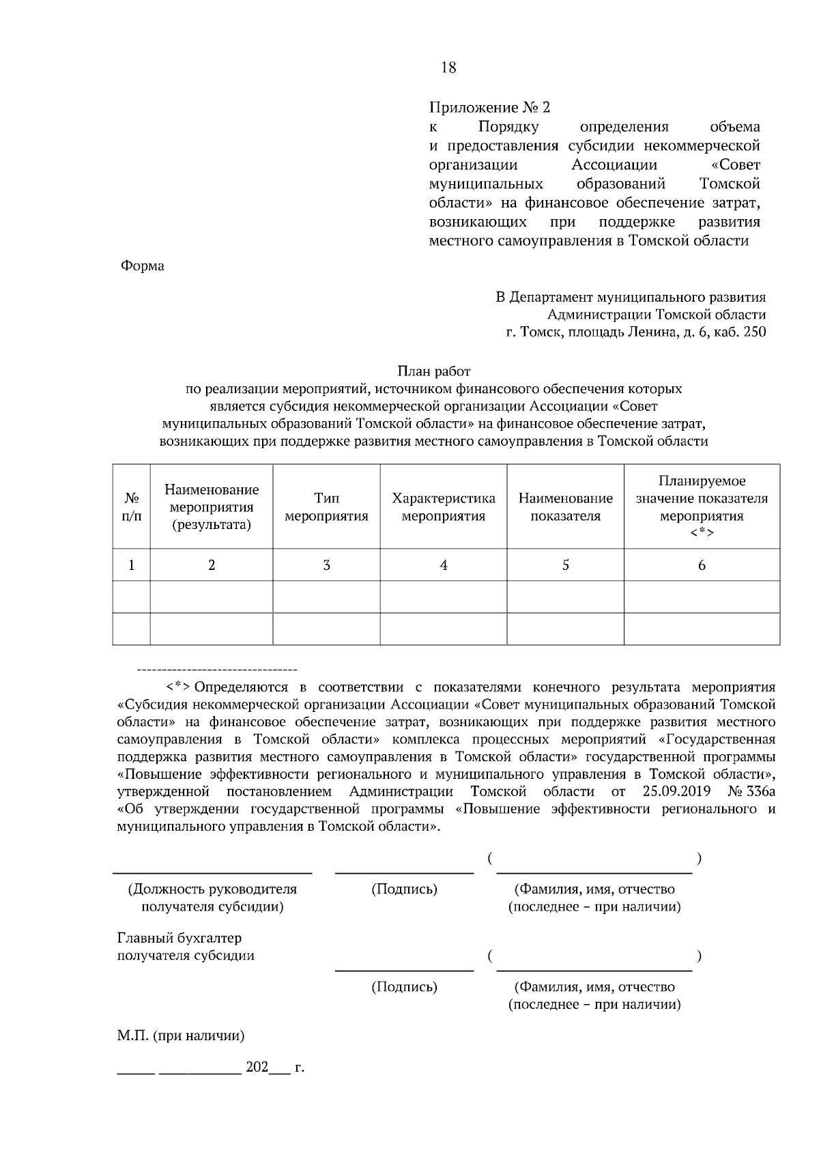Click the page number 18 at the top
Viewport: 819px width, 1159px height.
click(x=448, y=68)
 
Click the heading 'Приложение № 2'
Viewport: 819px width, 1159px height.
click(x=489, y=108)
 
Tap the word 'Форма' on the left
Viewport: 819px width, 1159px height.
click(x=142, y=266)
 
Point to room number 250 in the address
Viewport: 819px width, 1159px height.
click(x=754, y=332)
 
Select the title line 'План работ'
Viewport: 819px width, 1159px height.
click(x=434, y=371)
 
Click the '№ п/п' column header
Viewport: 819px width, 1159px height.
click(x=131, y=507)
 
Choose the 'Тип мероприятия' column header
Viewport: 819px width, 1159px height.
click(x=326, y=507)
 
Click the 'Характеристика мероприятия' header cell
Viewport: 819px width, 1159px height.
click(x=443, y=507)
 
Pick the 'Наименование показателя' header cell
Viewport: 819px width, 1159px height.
click(x=565, y=507)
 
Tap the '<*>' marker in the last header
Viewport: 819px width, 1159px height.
click(x=702, y=533)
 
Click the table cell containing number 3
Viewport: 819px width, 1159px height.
click(x=326, y=565)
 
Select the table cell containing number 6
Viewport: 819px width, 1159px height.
click(x=702, y=565)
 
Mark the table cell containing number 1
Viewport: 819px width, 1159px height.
click(x=131, y=565)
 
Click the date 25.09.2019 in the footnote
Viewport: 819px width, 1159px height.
click(x=676, y=792)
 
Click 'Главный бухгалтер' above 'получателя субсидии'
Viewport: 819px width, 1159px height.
click(x=179, y=939)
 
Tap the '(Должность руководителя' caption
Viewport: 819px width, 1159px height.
click(x=212, y=889)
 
